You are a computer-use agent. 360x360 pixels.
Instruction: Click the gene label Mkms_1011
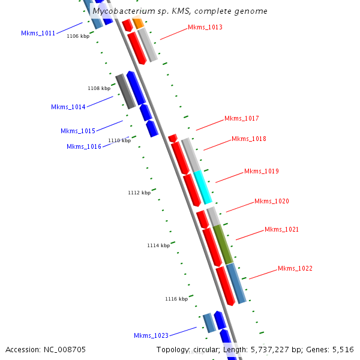(38, 33)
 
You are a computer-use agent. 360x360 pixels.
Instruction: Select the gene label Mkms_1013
(205, 27)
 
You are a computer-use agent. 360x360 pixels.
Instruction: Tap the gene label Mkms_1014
(68, 107)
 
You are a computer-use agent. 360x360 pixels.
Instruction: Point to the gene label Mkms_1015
(77, 131)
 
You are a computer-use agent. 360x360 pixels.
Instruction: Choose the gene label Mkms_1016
(83, 146)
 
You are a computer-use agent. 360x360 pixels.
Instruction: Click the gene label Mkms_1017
(241, 118)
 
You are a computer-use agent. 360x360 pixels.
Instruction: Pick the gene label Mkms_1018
(248, 139)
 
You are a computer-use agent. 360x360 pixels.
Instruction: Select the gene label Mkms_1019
(261, 171)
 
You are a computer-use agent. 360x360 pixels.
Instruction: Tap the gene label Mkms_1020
(271, 201)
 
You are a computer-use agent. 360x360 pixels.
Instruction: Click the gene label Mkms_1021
(281, 229)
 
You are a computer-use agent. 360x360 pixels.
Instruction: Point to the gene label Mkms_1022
(295, 268)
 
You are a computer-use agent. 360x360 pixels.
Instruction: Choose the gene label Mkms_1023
(151, 335)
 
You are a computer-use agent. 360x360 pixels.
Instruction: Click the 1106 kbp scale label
(77, 36)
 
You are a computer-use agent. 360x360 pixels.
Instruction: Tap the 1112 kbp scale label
(139, 193)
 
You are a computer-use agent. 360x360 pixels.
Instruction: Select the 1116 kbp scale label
(176, 298)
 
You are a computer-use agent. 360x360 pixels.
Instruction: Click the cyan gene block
(203, 187)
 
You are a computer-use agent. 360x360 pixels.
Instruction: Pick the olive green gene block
(223, 244)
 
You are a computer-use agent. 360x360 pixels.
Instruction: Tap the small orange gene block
(138, 23)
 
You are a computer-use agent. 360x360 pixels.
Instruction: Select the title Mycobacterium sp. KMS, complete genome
(180, 11)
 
